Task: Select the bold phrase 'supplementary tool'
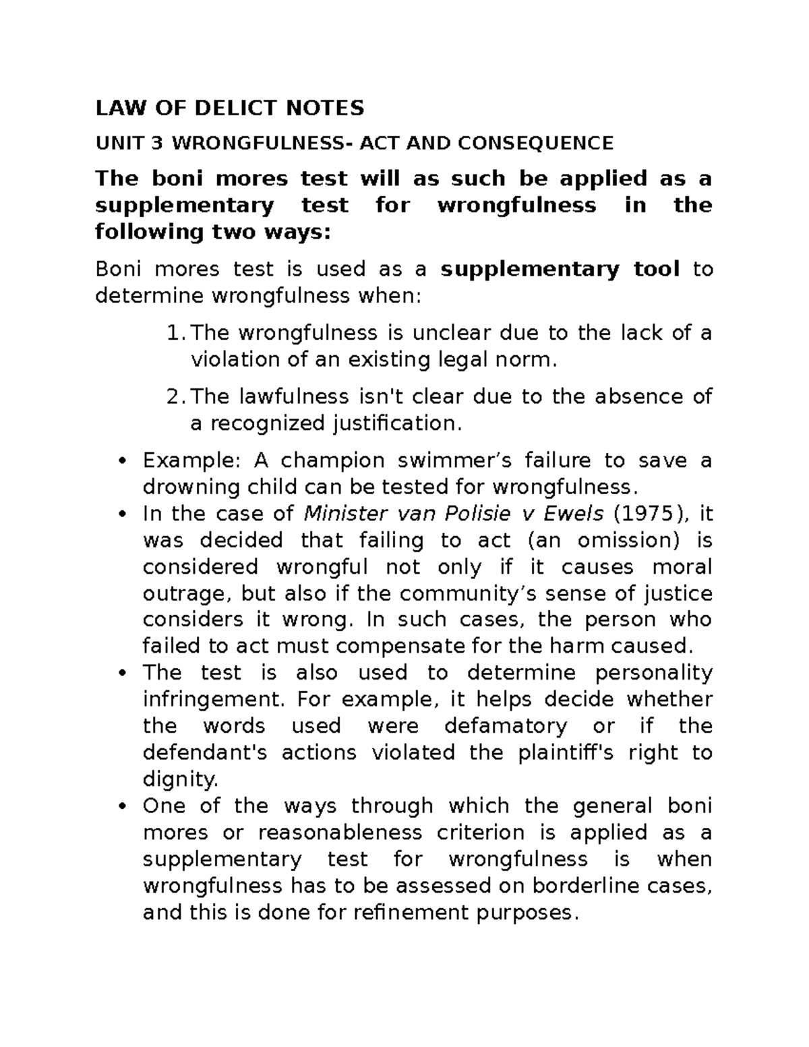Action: (x=560, y=269)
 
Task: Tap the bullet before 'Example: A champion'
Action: (x=121, y=461)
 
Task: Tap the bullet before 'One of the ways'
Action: (x=121, y=806)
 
